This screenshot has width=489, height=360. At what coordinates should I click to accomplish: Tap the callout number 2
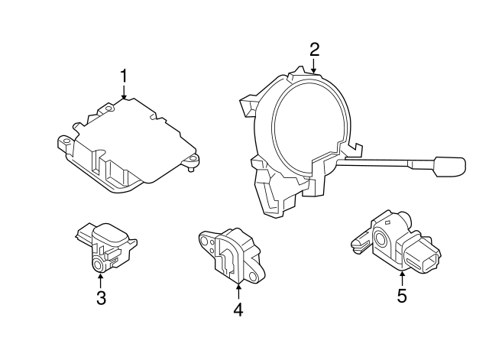point(314,50)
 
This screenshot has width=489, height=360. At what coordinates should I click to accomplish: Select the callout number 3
point(100,297)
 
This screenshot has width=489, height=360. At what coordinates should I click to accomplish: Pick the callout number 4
point(238,310)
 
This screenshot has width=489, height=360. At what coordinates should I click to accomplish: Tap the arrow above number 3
point(100,280)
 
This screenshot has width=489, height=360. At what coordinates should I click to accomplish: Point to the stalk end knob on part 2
point(449,165)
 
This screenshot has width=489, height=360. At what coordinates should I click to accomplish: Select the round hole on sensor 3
point(97,264)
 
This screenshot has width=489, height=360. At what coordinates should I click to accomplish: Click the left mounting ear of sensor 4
point(205,240)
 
